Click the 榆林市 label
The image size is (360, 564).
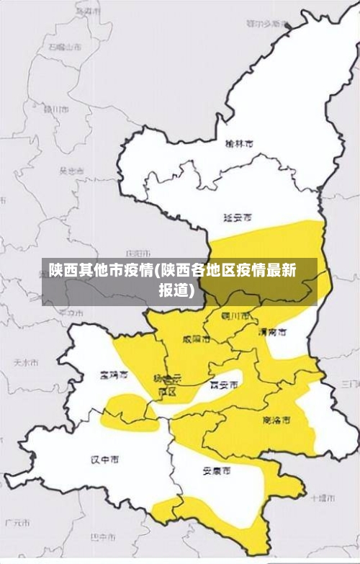click(x=238, y=144)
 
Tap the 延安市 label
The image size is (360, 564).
click(x=238, y=217)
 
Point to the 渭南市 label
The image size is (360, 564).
click(x=272, y=333)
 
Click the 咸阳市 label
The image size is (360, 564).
click(x=196, y=338)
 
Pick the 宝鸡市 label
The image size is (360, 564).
click(x=114, y=375)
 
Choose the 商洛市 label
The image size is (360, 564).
click(x=276, y=419)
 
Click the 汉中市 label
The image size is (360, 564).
click(x=104, y=459)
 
